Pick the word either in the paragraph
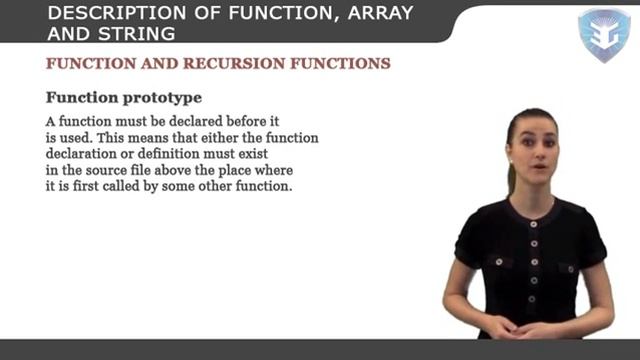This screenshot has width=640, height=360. click(x=208, y=138)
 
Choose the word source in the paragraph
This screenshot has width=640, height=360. click(x=107, y=170)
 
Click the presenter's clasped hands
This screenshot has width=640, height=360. click(x=522, y=326)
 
